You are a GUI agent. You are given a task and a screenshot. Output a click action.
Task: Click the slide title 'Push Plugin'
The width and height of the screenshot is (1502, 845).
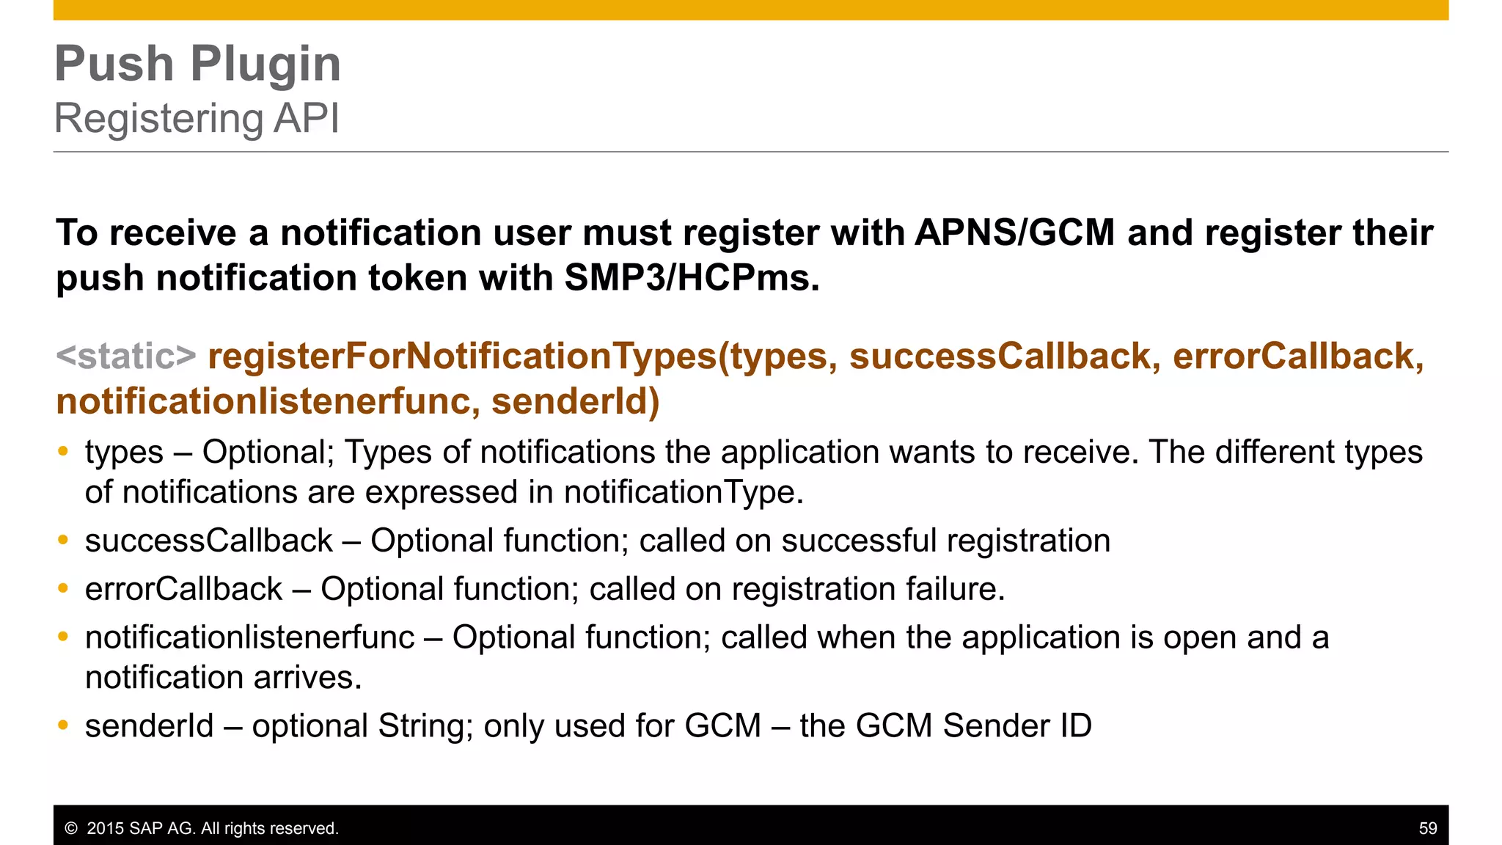pyautogui.click(x=198, y=64)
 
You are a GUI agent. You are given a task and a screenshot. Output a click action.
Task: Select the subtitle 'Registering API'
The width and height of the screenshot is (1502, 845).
pyautogui.click(x=197, y=118)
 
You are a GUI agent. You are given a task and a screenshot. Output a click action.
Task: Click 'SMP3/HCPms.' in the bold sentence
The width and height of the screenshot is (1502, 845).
pyautogui.click(x=692, y=278)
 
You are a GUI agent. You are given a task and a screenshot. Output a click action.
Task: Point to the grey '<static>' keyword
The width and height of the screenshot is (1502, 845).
pyautogui.click(x=126, y=356)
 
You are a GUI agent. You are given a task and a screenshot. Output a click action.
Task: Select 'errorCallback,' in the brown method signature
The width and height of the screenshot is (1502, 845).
pyautogui.click(x=1298, y=356)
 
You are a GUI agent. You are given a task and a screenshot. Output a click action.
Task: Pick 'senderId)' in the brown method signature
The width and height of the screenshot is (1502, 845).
pyautogui.click(x=575, y=402)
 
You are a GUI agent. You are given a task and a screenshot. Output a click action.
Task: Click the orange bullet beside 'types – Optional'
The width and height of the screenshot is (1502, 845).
pyautogui.click(x=63, y=452)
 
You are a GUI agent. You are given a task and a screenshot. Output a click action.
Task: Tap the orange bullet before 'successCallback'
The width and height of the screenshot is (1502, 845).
pyautogui.click(x=63, y=541)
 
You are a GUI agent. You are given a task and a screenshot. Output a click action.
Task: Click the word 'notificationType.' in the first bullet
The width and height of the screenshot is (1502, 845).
pyautogui.click(x=684, y=492)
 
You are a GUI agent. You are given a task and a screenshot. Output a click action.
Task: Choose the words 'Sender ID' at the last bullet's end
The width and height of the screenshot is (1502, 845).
pyautogui.click(x=1017, y=726)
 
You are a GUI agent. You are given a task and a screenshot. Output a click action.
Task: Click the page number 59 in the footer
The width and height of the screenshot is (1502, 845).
pyautogui.click(x=1428, y=829)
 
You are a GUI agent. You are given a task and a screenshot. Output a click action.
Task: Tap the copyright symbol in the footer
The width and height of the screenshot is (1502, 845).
pyautogui.click(x=71, y=829)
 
